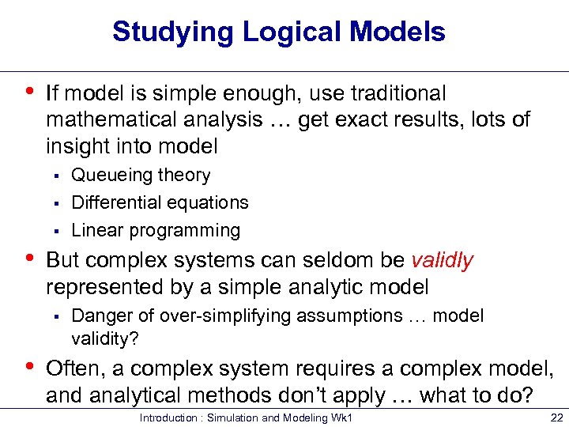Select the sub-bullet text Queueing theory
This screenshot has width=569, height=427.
[x=141, y=176]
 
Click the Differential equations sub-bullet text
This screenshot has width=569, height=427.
[x=160, y=202]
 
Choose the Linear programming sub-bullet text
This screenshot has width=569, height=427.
[x=156, y=230]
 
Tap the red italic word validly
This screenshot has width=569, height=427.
[x=443, y=260]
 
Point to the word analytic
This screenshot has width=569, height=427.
[x=322, y=286]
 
